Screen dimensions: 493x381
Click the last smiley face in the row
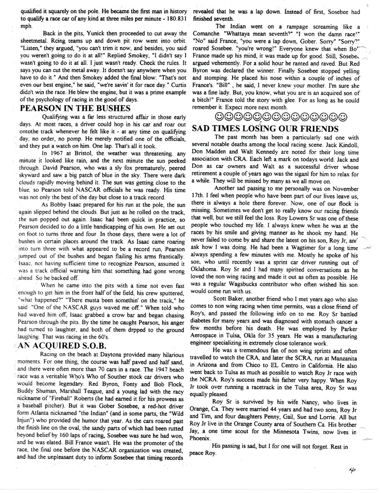tap(342, 117)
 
